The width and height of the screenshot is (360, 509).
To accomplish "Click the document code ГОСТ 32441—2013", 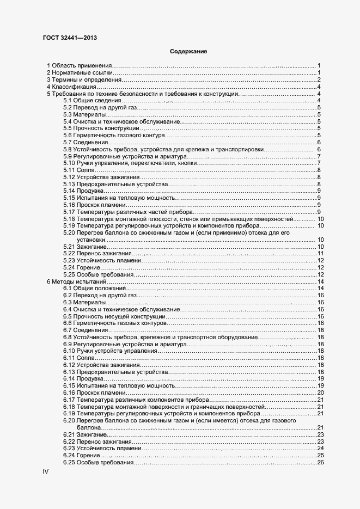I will click(70, 38).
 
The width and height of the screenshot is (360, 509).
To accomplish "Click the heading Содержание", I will click(188, 52).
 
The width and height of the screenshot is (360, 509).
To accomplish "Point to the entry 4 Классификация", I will click(71, 87).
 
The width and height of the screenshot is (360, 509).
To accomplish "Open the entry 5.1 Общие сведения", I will click(91, 101).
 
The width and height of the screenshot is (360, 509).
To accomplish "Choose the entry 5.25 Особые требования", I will click(97, 275).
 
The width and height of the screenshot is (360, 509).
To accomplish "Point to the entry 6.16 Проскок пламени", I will click(97, 393).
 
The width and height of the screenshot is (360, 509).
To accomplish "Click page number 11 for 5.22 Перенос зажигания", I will click(321, 254).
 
